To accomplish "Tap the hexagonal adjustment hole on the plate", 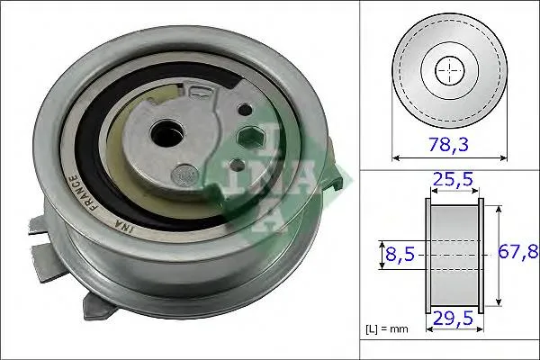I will click(x=251, y=138).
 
